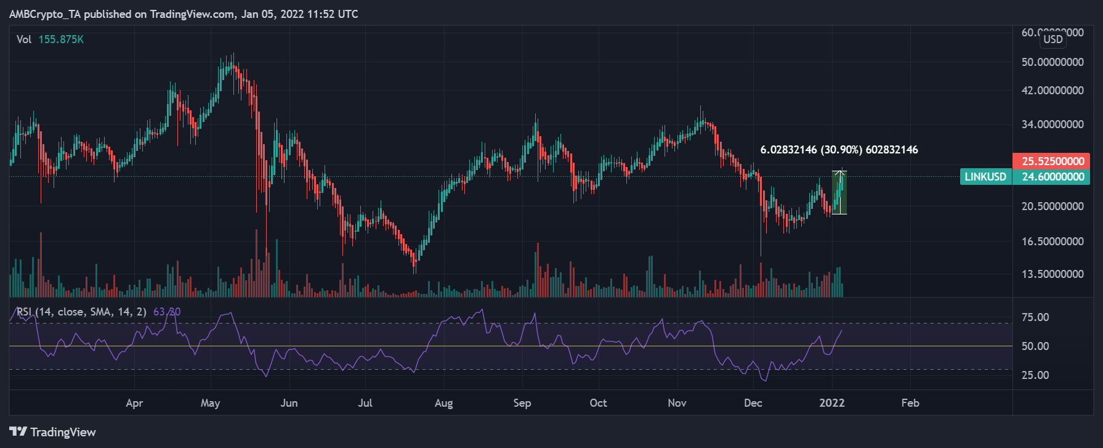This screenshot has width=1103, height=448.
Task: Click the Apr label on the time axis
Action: tap(134, 403)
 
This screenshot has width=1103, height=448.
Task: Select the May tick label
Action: tap(210, 403)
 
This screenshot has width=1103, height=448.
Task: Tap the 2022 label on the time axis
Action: tap(831, 403)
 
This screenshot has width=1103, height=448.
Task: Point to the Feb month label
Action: tap(910, 403)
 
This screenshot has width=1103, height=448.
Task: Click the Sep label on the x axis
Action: tap(522, 403)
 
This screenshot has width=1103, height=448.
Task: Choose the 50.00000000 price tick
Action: tap(1052, 62)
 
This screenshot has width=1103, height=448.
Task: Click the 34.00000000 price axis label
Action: tap(1052, 124)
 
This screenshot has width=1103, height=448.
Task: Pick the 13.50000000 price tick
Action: tap(1052, 274)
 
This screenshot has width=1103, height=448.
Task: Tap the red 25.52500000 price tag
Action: tap(1052, 161)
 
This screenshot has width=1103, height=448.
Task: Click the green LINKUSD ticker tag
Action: tap(985, 177)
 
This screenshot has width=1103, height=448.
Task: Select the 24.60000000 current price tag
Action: tap(1052, 177)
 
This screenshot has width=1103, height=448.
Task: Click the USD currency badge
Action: tap(1052, 39)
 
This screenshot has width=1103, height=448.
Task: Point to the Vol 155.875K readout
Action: tap(50, 39)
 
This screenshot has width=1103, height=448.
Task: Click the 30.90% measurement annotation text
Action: tap(839, 150)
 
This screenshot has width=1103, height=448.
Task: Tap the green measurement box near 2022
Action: tap(839, 192)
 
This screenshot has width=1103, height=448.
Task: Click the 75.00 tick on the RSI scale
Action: tap(1035, 317)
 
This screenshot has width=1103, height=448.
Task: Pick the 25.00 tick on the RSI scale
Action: tap(1035, 375)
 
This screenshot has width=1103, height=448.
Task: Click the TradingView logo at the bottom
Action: tap(53, 432)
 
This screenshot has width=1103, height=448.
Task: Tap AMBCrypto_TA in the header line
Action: tap(45, 14)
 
